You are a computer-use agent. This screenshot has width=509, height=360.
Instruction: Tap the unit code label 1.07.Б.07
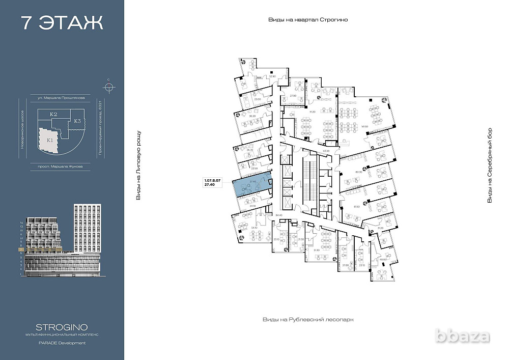212,180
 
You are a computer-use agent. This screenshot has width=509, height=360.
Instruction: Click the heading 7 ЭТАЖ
62,23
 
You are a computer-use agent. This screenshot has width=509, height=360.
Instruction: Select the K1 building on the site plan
50,140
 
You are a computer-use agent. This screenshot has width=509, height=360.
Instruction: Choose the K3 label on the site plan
77,121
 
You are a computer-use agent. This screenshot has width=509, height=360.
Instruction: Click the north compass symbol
108,85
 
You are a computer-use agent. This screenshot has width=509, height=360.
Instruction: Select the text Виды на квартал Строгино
308,20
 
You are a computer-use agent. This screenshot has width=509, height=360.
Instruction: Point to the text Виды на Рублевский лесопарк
308,319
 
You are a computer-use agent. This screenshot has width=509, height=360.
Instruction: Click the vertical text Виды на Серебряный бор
490,165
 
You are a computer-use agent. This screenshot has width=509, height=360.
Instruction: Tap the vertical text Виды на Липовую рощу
138,165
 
